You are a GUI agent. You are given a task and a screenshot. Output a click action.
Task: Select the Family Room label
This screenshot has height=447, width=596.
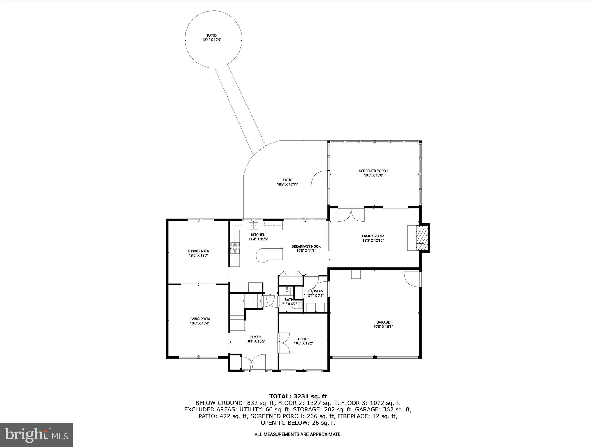point(373,236)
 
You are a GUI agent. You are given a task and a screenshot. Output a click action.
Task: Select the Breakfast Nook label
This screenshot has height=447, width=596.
point(306,246)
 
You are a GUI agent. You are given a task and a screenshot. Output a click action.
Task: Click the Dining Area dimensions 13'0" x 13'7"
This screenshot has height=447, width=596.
point(198,255)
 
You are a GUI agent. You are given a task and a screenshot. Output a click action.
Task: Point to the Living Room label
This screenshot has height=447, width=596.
point(199,319)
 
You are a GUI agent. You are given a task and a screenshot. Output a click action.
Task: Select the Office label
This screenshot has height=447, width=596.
point(304,339)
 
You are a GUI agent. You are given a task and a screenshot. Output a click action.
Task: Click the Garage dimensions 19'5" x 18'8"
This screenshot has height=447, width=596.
point(383,327)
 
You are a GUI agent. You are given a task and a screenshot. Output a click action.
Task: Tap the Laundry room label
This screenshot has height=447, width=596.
point(316,291)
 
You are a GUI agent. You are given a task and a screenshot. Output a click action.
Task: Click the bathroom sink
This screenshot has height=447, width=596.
point(287,291)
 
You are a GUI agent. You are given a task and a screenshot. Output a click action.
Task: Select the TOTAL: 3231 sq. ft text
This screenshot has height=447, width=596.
point(298,396)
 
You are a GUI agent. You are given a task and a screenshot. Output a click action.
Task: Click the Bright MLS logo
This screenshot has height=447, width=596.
point(36,435)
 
